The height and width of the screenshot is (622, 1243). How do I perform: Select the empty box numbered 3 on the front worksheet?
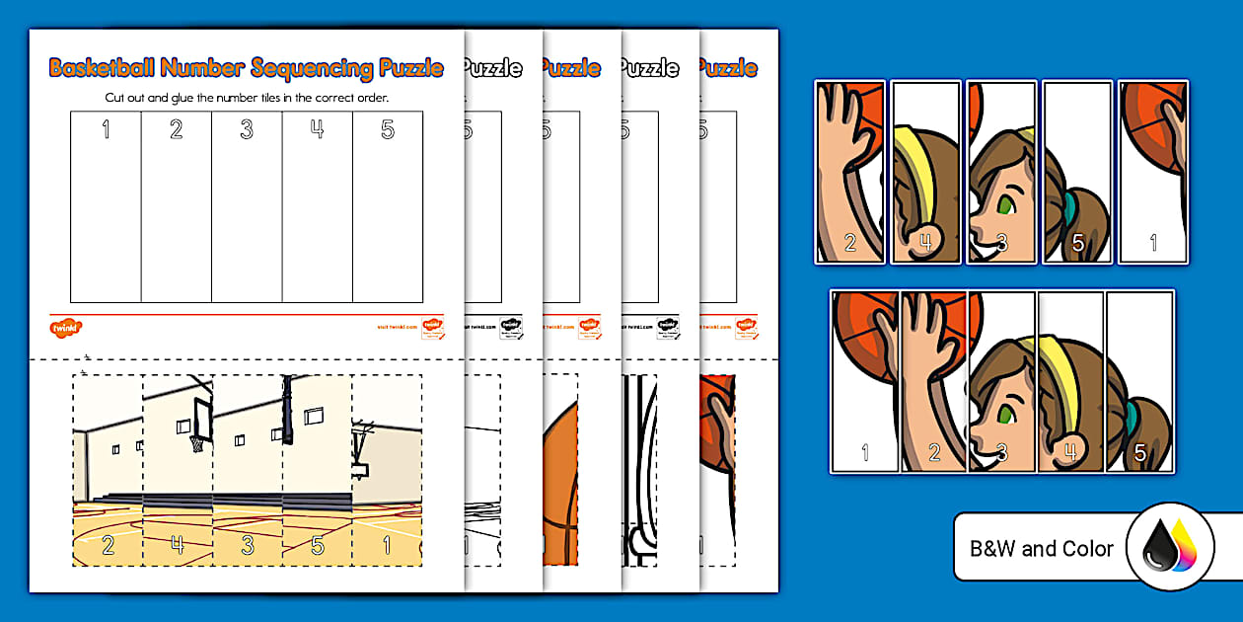pos(247,207)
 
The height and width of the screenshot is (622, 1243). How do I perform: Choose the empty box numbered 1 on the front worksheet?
pos(106,207)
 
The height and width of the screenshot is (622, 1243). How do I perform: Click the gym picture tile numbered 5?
pos(318,470)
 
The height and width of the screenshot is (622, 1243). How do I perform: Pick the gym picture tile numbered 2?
pos(108,470)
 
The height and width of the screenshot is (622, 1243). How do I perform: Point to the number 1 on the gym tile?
pos(387,543)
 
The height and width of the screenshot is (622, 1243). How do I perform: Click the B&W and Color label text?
pos(1042,549)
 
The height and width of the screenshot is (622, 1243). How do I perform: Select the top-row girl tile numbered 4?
pos(925,172)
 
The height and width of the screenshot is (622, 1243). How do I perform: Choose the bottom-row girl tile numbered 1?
pos(864,382)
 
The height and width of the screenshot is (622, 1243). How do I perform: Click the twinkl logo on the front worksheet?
pos(64,326)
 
